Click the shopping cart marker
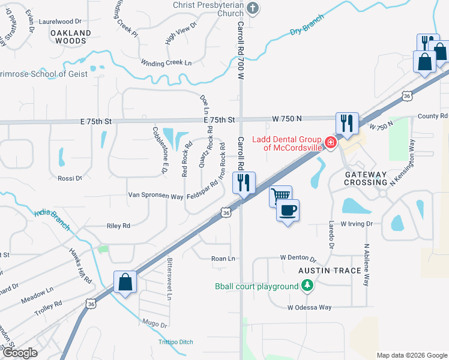[280, 196]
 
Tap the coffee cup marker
[288, 210]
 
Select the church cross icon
[253, 8]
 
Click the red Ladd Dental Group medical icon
[330, 142]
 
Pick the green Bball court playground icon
[307, 286]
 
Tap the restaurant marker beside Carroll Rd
[244, 182]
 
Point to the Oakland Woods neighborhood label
[71, 37]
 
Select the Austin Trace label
[330, 271]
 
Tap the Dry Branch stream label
[307, 25]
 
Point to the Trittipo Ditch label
[176, 342]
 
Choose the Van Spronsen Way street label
[155, 196]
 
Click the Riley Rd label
[118, 226]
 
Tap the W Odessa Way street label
[309, 307]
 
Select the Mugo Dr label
[155, 324]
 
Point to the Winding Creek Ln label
[166, 63]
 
